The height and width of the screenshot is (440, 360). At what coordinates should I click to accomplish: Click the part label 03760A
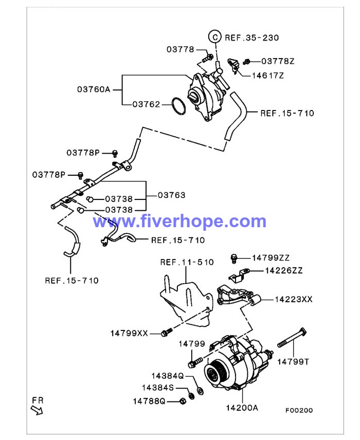pyautogui.click(x=94, y=89)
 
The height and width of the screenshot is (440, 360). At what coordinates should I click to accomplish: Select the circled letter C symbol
pyautogui.click(x=214, y=37)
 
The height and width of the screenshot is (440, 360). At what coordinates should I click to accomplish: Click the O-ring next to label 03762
pyautogui.click(x=178, y=106)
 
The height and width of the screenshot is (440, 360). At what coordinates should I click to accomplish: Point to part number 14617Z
pyautogui.click(x=267, y=75)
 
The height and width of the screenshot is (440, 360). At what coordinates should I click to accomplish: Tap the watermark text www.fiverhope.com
pyautogui.click(x=179, y=222)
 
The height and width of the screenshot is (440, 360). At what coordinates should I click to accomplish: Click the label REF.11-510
pyautogui.click(x=187, y=262)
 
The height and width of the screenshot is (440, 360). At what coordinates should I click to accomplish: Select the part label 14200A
pyautogui.click(x=241, y=408)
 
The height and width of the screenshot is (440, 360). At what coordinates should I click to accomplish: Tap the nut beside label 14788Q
pyautogui.click(x=183, y=401)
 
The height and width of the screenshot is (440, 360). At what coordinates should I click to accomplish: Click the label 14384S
pyautogui.click(x=158, y=387)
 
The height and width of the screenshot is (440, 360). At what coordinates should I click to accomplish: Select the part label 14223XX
pyautogui.click(x=293, y=299)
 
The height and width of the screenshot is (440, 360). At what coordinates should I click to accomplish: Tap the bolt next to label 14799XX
pyautogui.click(x=165, y=333)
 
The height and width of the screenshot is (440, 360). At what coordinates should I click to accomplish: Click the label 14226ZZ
pyautogui.click(x=283, y=270)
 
